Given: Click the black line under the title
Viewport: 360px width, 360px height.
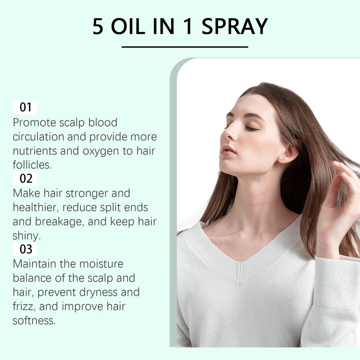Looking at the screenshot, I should (x=185, y=46).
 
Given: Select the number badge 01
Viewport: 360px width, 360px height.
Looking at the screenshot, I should (x=25, y=107).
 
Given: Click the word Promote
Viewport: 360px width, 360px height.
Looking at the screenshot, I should (x=34, y=123).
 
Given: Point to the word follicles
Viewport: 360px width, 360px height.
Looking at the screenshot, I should (x=32, y=165).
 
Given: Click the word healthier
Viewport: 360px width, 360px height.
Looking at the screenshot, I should (x=35, y=207).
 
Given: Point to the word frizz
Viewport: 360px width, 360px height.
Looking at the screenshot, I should (x=24, y=307).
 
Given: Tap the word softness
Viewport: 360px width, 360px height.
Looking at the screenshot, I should (x=34, y=321).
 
